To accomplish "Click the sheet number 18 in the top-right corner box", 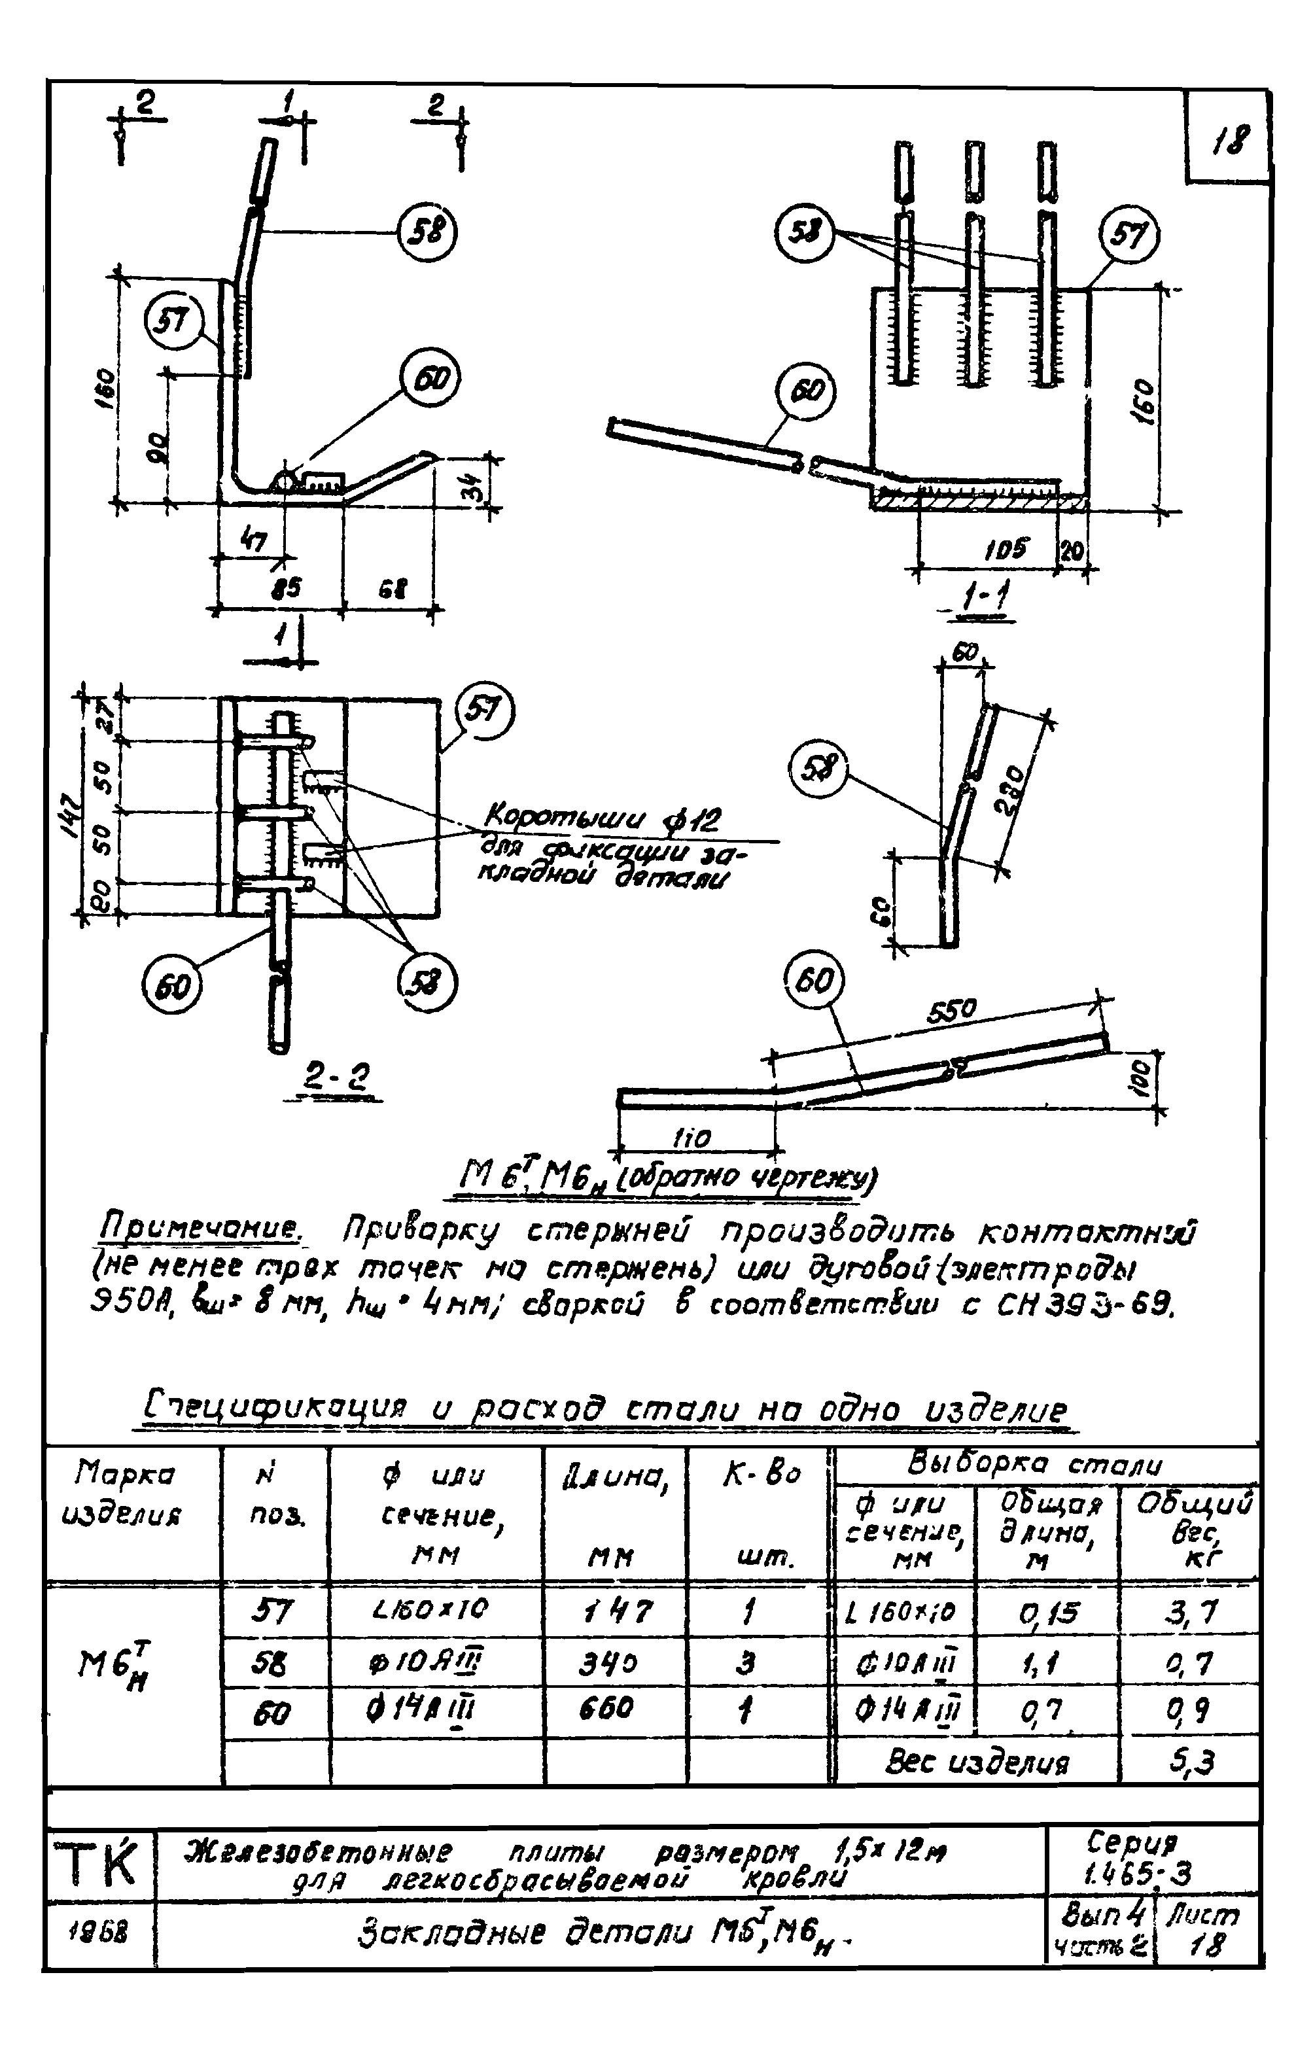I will [x=1229, y=138].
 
